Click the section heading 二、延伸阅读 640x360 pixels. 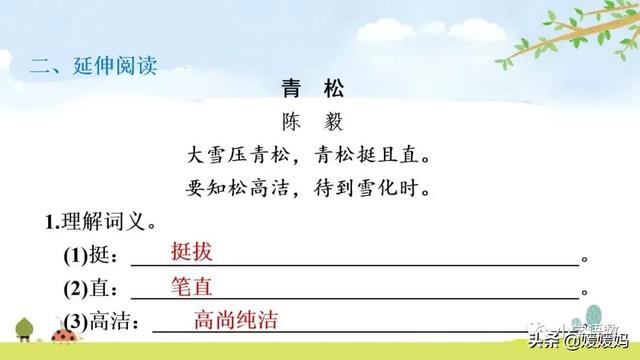click(x=95, y=68)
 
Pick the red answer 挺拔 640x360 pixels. click(x=192, y=252)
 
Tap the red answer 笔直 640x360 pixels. click(x=192, y=285)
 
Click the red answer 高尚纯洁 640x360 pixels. click(x=235, y=320)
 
